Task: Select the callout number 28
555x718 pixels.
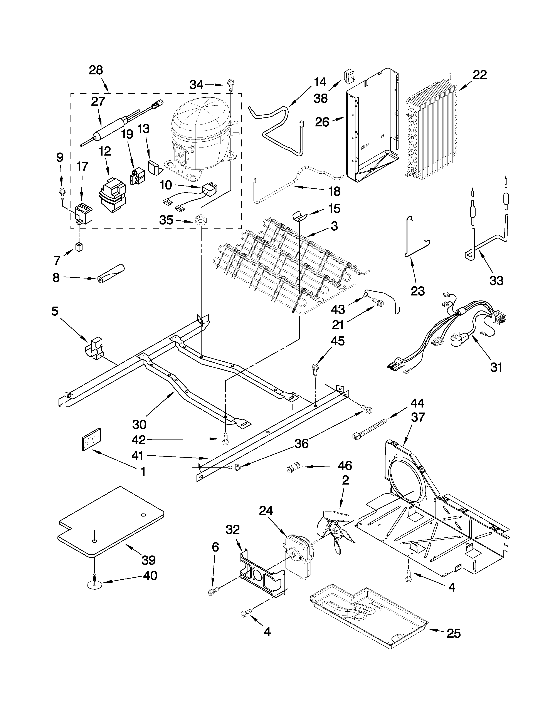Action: click(96, 70)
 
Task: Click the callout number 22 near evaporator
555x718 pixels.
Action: click(480, 75)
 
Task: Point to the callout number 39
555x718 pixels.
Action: click(148, 560)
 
